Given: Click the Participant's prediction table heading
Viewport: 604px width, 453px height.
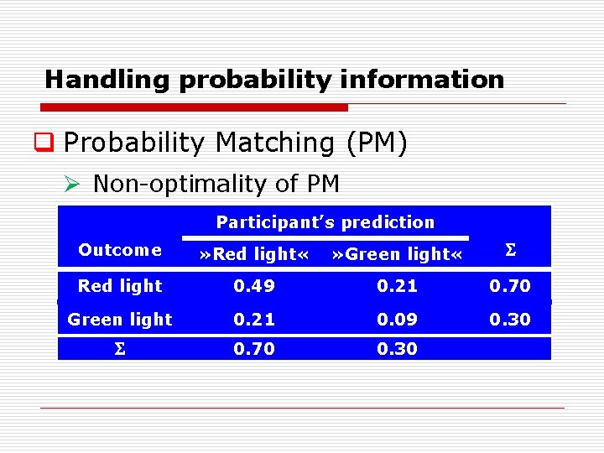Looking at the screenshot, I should click(325, 222).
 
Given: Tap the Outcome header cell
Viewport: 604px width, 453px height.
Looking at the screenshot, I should click(120, 250).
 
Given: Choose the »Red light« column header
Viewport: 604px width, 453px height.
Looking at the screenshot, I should click(253, 254).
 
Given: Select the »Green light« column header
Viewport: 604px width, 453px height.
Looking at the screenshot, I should click(397, 254).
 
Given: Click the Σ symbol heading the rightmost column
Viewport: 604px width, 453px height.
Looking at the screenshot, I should click(509, 250).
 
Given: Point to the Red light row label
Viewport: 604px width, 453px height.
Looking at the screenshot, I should click(120, 286).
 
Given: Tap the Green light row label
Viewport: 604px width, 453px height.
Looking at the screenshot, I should click(120, 320).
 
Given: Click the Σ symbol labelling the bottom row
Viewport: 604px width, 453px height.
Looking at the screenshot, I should click(120, 349).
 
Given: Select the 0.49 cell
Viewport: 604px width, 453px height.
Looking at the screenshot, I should click(253, 286).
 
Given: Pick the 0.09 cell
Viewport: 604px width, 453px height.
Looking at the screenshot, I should click(397, 320).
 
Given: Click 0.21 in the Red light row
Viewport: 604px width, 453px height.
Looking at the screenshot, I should click(397, 286).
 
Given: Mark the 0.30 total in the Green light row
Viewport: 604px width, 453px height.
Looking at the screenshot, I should click(510, 320).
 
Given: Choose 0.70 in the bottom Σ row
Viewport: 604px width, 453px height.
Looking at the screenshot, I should click(253, 349).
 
